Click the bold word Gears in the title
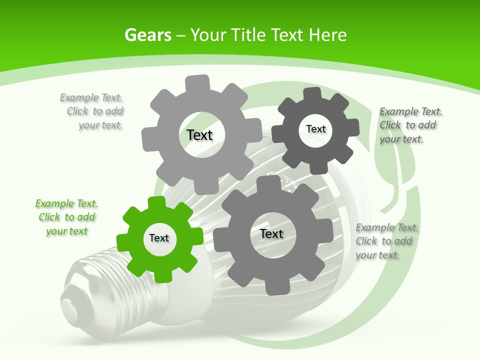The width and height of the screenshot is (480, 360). tap(147, 35)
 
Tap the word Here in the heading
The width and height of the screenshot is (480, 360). tap(327, 35)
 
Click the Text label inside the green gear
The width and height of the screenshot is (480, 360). tap(159, 238)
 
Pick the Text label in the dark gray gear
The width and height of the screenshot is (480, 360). tap(315, 129)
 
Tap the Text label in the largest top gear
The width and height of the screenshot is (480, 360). tap(200, 135)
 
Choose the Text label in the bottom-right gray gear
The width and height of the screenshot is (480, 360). tap(271, 233)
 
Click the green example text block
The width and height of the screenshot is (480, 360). tap(66, 217)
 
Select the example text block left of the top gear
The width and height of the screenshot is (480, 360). tap(92, 111)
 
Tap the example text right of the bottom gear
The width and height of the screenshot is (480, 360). tap(386, 241)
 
